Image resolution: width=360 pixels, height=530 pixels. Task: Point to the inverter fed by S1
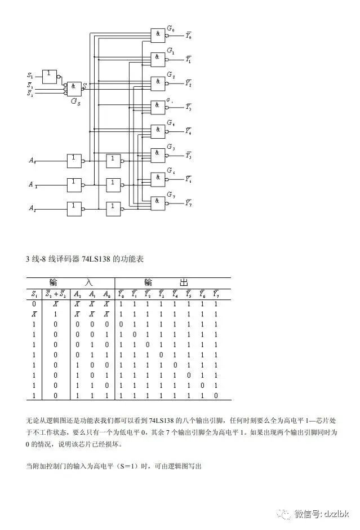coord(50,75)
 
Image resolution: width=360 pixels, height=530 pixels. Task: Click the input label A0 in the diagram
coord(33,161)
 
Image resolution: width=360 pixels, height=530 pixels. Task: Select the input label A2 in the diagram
coord(33,208)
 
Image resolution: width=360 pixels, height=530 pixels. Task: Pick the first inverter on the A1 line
coord(74,184)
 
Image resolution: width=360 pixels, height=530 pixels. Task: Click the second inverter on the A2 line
coord(114,208)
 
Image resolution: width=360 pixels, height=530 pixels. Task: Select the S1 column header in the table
coord(34,294)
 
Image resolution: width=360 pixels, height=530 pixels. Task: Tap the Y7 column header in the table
coord(215,294)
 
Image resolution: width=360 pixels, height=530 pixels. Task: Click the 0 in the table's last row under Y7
coord(215,396)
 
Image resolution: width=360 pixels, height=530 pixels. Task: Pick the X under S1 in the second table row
coord(34,314)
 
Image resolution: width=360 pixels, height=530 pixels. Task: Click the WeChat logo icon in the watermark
coord(286,514)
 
